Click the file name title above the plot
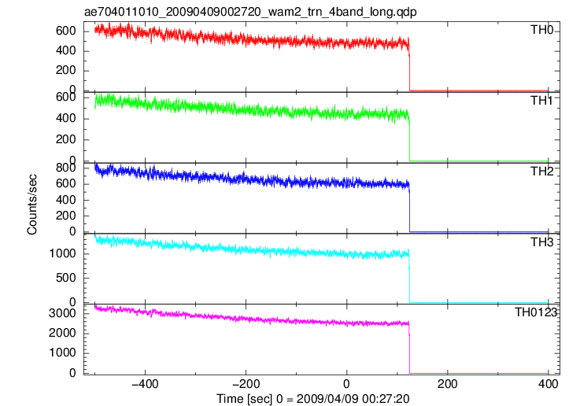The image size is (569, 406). click(250, 12)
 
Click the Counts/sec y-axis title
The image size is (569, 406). click(32, 205)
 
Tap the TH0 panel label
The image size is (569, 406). click(541, 30)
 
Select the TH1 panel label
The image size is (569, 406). click(541, 101)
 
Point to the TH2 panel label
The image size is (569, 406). click(541, 172)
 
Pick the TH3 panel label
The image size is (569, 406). click(541, 242)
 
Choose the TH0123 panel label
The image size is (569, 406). click(536, 312)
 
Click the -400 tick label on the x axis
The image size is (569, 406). click(145, 384)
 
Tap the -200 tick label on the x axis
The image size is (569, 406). click(246, 384)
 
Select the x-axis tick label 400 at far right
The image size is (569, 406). click(548, 384)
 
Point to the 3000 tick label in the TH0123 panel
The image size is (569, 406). click(62, 313)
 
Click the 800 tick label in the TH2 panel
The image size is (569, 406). click(66, 168)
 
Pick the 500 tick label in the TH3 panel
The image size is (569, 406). click(66, 278)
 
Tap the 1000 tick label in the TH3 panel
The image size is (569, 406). click(62, 253)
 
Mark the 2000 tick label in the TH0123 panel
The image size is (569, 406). click(62, 333)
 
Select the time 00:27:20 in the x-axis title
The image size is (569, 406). click(387, 399)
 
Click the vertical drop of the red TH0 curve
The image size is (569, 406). click(409, 67)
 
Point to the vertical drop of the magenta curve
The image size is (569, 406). click(409, 349)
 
